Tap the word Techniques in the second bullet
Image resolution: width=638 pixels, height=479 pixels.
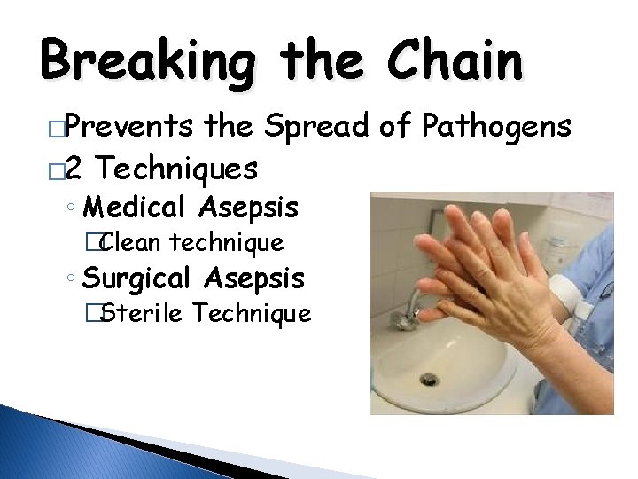pyautogui.click(x=177, y=166)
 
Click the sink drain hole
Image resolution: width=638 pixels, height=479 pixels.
pyautogui.click(x=429, y=378)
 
